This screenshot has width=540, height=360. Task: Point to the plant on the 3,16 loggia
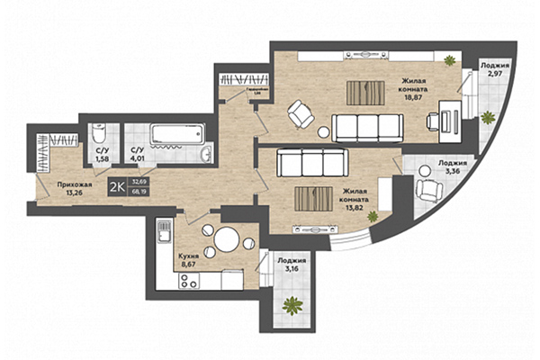[292, 305]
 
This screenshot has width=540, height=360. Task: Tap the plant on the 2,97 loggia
[487, 117]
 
